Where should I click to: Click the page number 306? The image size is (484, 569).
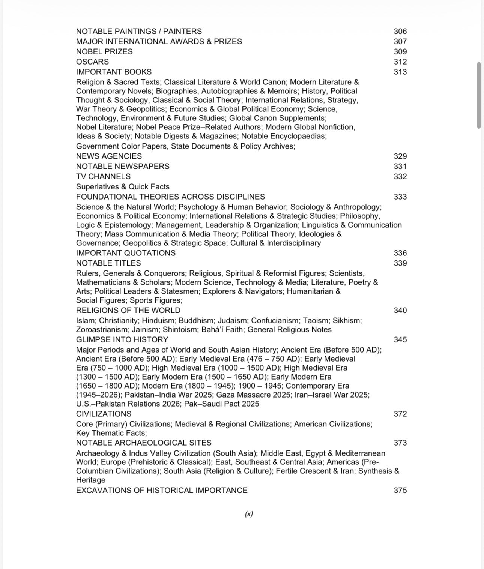point(400,32)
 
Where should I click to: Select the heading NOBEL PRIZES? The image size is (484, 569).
point(104,52)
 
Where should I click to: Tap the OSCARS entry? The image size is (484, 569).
point(92,62)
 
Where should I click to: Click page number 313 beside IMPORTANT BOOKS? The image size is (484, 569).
point(400,72)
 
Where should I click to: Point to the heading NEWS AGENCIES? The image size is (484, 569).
point(109,156)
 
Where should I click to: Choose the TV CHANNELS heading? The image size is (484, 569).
point(103,177)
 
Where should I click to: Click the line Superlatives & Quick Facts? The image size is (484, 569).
point(123,187)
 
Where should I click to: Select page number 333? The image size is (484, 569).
point(400,197)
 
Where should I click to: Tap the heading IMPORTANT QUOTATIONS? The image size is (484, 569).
point(126,253)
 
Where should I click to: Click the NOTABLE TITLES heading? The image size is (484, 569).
point(108,263)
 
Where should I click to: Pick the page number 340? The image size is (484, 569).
point(400,311)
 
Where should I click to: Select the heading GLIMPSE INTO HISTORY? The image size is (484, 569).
point(122,340)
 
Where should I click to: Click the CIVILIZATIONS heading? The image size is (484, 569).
point(104,414)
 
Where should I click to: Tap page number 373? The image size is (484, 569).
point(400,443)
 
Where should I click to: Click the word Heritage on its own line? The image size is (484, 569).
point(91,480)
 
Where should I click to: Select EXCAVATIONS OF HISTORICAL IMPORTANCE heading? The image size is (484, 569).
point(162,491)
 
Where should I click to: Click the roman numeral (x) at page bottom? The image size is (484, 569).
point(249,514)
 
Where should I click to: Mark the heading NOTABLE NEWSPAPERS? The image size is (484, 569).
point(123,167)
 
